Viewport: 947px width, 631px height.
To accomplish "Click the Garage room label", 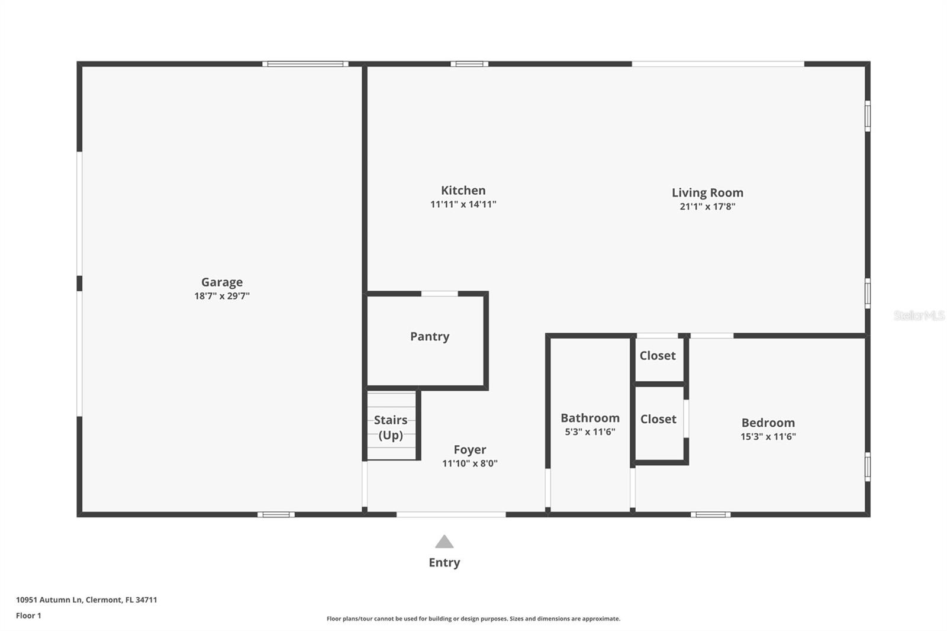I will pos(222,282).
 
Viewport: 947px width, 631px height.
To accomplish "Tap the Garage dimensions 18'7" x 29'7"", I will pos(222,296).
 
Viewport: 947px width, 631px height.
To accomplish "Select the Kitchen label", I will pos(463,191).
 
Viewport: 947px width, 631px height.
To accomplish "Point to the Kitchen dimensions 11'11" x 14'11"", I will pos(463,204).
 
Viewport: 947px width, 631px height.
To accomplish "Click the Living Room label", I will pos(707,192).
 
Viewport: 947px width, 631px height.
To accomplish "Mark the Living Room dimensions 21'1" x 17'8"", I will pos(707,207).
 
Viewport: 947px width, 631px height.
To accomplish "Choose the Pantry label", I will pos(430,336).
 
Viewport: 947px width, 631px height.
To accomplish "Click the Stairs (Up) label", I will pos(391,427).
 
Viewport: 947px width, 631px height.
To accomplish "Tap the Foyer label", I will pos(470,450).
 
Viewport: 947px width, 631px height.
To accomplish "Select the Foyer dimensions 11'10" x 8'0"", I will pos(470,463).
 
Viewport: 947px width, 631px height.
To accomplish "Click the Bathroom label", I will pos(590,418).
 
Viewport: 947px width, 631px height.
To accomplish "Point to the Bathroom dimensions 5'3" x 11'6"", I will pos(590,432).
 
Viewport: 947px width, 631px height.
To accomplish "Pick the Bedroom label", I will pos(768,423).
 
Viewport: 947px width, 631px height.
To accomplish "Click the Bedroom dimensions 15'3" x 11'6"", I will pos(768,437).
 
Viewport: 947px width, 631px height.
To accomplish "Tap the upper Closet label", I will pos(658,356).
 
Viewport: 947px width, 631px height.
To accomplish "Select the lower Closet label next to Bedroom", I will pos(658,419).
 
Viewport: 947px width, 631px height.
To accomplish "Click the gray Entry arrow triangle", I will pos(444,542).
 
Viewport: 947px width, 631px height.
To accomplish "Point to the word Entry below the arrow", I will pos(444,562).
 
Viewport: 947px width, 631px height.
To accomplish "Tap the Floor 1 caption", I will pos(28,616).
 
